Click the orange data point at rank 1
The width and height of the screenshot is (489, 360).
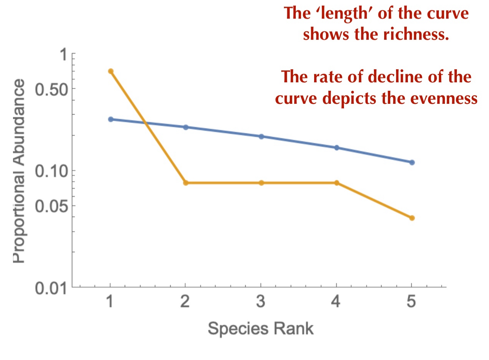(111, 71)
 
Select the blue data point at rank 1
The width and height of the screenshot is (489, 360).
(111, 119)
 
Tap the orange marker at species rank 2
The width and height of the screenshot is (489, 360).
(186, 183)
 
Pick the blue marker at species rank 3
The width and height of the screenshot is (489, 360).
(261, 136)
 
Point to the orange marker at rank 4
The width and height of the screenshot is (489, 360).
(337, 183)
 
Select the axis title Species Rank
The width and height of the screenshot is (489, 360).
(261, 329)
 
